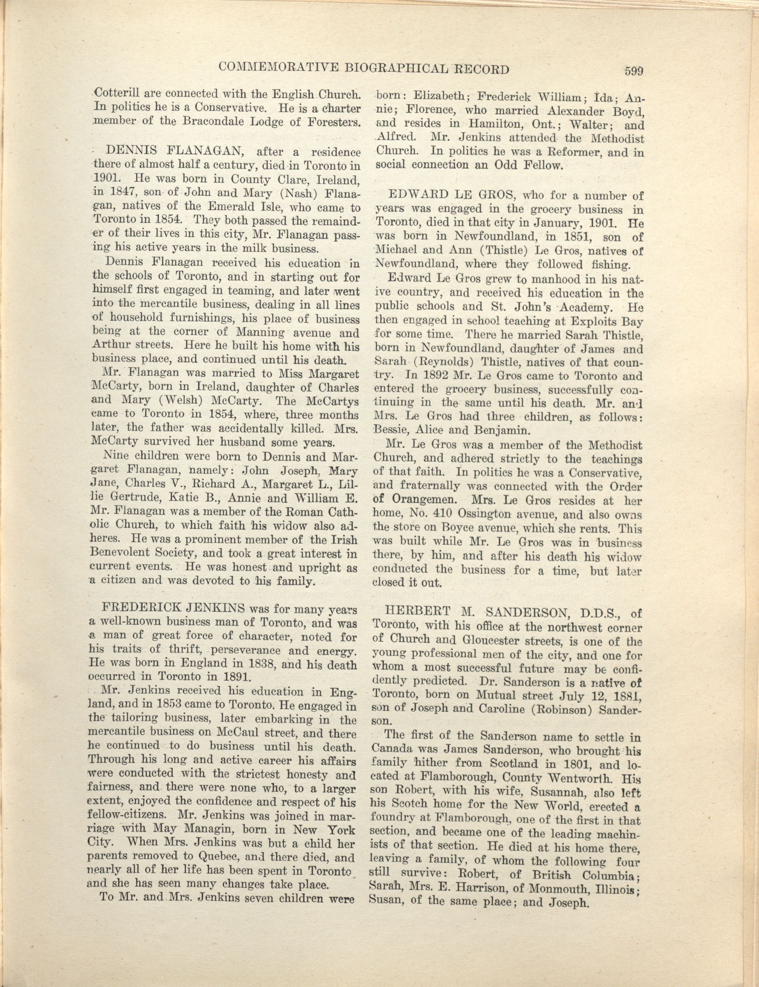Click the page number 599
coord(633,71)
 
